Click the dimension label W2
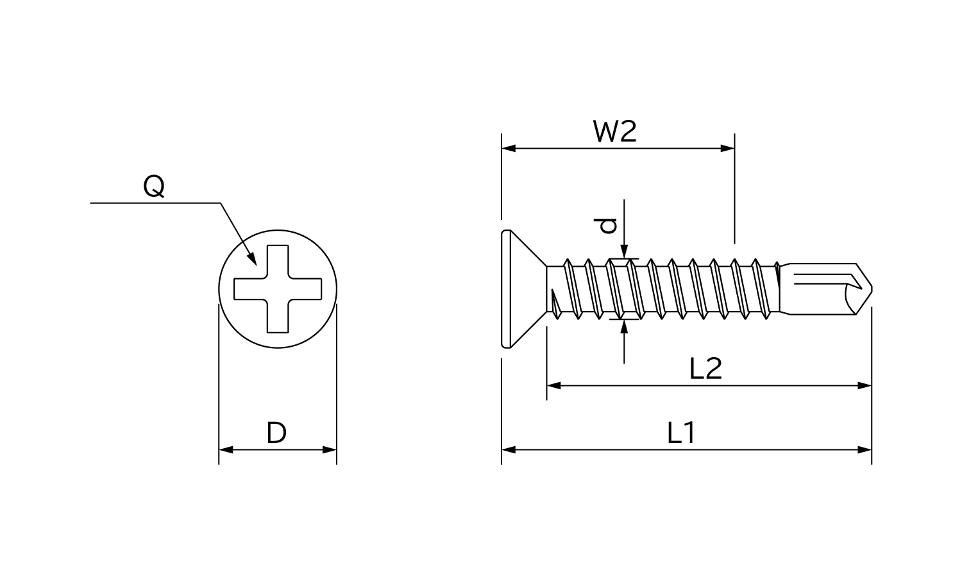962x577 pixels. [x=614, y=132]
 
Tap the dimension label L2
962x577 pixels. [x=705, y=369]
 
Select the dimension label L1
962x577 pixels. [x=681, y=434]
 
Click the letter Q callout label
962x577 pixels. [x=154, y=187]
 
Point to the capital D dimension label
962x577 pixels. [x=276, y=434]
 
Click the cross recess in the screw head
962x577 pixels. [x=277, y=289]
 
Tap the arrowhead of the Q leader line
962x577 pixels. [x=253, y=260]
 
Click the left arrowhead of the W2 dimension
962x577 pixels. [x=509, y=148]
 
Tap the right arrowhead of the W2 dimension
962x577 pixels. [x=728, y=148]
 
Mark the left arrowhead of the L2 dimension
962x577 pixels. [x=553, y=386]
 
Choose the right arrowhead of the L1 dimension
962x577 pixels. [x=865, y=450]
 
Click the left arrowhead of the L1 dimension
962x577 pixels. [x=509, y=450]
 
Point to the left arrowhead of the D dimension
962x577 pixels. [x=226, y=450]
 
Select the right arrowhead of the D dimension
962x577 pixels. [x=330, y=450]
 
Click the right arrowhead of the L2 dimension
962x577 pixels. [x=865, y=386]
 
